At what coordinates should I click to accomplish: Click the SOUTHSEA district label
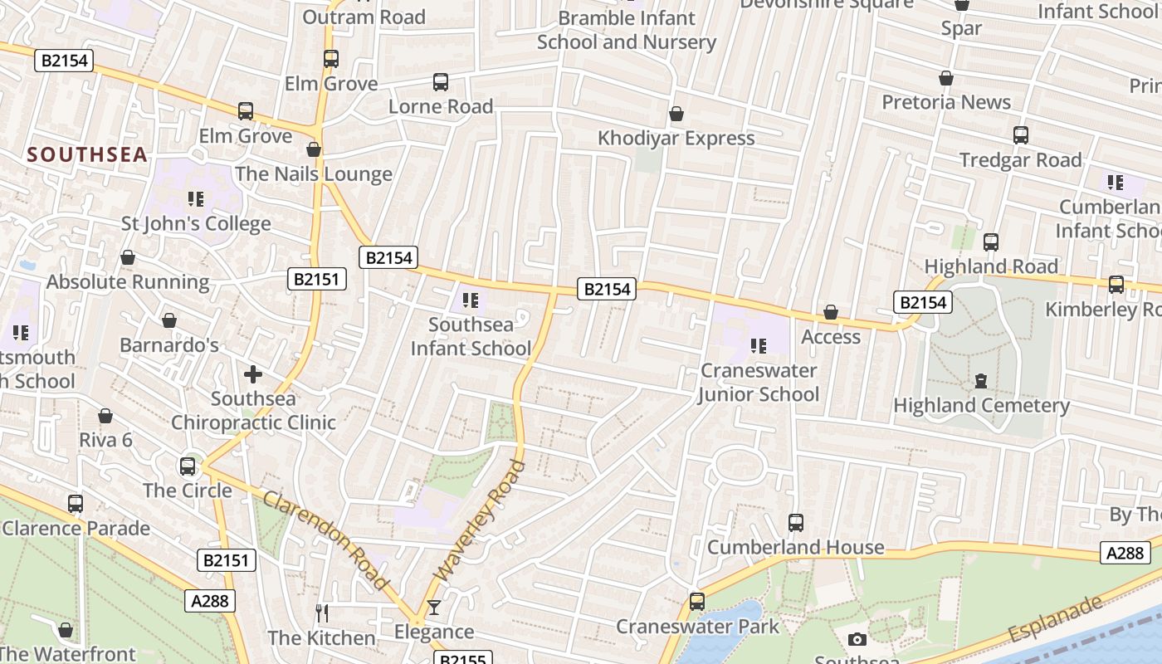pyautogui.click(x=87, y=154)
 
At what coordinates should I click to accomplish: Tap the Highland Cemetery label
pyautogui.click(x=981, y=405)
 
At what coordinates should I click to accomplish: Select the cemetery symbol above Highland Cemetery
pyautogui.click(x=981, y=381)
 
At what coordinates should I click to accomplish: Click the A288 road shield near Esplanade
pyautogui.click(x=1125, y=552)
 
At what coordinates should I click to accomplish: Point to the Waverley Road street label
pyautogui.click(x=480, y=521)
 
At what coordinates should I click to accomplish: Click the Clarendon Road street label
pyautogui.click(x=325, y=540)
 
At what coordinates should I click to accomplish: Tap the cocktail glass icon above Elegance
pyautogui.click(x=433, y=608)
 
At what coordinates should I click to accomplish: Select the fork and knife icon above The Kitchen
pyautogui.click(x=322, y=613)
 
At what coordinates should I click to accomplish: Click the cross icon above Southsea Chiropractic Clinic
pyautogui.click(x=253, y=374)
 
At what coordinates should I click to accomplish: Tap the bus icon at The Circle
pyautogui.click(x=188, y=466)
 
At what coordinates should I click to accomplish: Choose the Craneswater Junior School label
pyautogui.click(x=759, y=382)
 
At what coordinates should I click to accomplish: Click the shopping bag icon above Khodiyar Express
pyautogui.click(x=676, y=114)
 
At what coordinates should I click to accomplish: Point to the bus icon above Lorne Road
pyautogui.click(x=441, y=82)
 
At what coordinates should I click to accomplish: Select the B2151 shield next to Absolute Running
pyautogui.click(x=317, y=279)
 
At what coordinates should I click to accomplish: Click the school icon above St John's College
pyautogui.click(x=196, y=199)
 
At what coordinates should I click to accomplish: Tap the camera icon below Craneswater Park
pyautogui.click(x=857, y=639)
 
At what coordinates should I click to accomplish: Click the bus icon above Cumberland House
pyautogui.click(x=795, y=523)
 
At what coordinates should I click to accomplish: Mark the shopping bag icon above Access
pyautogui.click(x=830, y=312)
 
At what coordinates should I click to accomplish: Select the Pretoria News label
pyautogui.click(x=946, y=102)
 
